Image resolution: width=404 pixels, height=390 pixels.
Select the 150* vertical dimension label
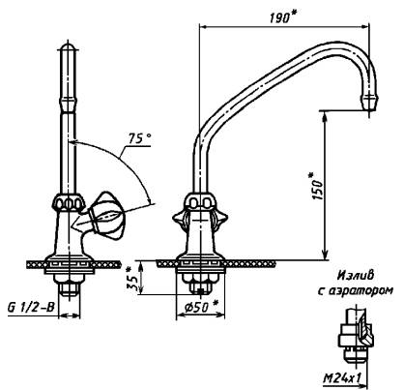[316, 186]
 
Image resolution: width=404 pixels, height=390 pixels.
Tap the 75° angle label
[139, 138]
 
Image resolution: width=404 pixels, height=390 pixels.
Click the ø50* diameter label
[200, 308]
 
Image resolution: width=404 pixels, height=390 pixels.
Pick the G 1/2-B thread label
[31, 308]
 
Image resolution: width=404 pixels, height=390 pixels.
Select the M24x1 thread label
[341, 378]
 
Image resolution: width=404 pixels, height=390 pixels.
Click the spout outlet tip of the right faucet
[369, 103]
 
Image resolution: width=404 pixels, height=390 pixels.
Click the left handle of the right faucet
[179, 220]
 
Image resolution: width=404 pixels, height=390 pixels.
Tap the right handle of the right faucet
[221, 220]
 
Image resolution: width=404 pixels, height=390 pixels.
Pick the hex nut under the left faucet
[69, 287]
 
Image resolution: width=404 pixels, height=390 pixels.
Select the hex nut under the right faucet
[200, 286]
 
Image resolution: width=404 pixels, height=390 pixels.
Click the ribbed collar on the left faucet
[69, 203]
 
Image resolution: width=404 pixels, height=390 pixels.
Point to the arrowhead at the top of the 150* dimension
[326, 117]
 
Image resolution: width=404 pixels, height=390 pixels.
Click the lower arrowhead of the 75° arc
[149, 199]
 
